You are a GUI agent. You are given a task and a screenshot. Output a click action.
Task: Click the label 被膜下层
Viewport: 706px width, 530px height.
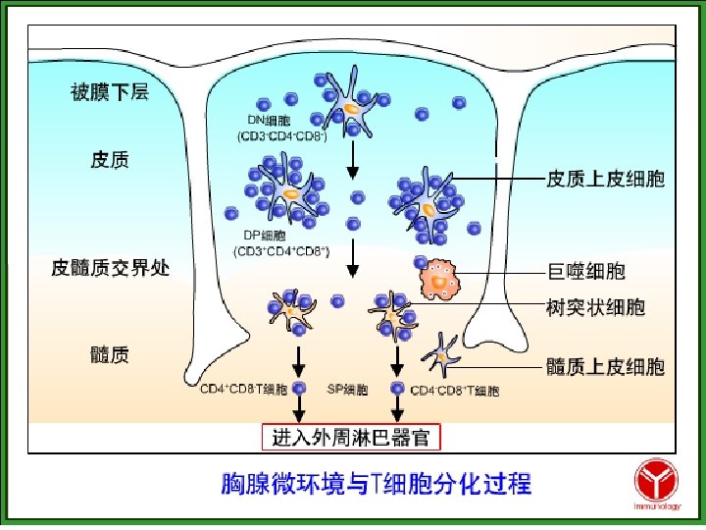point(109,93)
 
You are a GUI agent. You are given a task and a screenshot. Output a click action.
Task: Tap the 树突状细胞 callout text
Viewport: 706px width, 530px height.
point(595,307)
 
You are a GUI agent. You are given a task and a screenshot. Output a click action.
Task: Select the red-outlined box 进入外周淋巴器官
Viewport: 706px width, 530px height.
point(351,435)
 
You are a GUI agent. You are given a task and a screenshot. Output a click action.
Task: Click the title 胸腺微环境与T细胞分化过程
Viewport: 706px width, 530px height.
point(376,483)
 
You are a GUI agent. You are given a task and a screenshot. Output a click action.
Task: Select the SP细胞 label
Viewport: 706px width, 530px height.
point(347,390)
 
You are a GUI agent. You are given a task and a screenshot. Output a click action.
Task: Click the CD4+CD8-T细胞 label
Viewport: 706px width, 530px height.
point(243,390)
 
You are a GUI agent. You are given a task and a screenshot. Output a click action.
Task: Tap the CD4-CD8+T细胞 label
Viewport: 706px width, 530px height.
point(455,391)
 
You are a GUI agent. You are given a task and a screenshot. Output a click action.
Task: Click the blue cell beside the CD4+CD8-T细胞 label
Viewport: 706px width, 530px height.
point(298,390)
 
